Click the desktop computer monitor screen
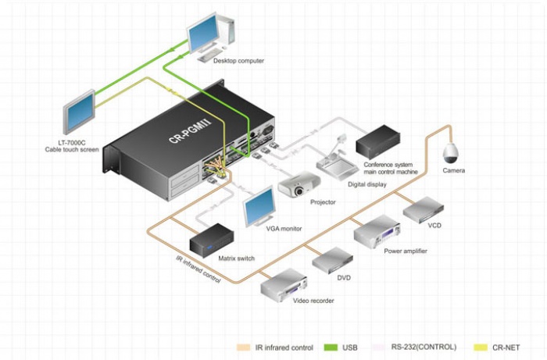pos(204,32)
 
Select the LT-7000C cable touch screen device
pos(79,112)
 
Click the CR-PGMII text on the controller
pos(190,132)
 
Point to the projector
pos(299,184)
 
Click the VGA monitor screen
pos(259,205)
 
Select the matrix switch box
pos(212,240)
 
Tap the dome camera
pos(450,153)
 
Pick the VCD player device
pos(424,209)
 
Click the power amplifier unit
pos(377,231)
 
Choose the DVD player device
pos(332,260)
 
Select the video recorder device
pos(284,285)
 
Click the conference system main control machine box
pos(377,141)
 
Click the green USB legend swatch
pos(331,348)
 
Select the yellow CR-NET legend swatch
pos(481,348)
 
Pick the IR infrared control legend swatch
pos(244,348)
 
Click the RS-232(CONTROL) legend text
pos(424,347)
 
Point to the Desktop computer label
pos(238,61)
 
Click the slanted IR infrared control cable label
pos(198,269)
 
